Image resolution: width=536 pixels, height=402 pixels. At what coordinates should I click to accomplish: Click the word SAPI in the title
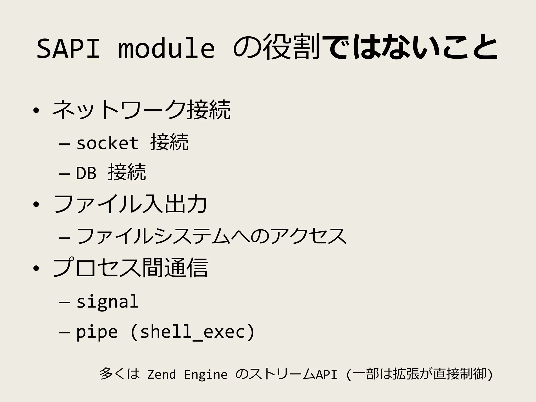(68, 49)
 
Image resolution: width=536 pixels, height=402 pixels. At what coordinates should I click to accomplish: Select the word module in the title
(166, 49)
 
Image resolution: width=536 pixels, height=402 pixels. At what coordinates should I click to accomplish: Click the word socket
(107, 143)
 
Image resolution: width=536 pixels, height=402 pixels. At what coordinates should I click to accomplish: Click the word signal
(107, 301)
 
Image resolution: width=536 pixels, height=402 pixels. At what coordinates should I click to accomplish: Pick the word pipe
(97, 332)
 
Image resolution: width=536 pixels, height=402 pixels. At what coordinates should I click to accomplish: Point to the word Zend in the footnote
(161, 375)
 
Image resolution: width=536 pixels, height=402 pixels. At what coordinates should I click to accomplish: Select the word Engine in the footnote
(206, 375)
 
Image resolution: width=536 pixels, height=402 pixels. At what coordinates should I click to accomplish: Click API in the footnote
(326, 375)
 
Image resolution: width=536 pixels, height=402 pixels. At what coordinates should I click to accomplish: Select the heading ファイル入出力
(130, 204)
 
